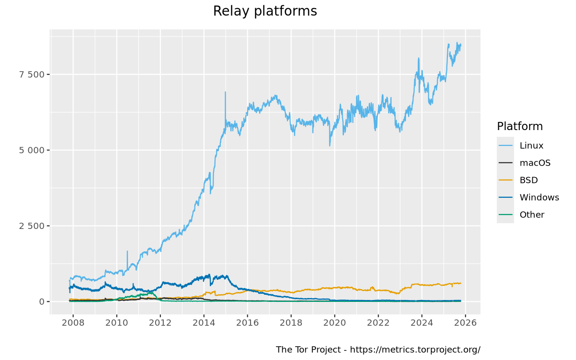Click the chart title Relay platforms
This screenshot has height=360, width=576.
coord(265,11)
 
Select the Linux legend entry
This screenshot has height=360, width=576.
coord(531,145)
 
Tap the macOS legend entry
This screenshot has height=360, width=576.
coord(535,163)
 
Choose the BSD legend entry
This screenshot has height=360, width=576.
coord(528,180)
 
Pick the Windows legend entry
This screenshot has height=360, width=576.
coord(539,197)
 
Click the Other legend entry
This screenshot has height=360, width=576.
coord(532,215)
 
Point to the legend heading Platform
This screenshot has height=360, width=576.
coord(520,126)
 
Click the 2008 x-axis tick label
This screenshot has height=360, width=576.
coord(73,323)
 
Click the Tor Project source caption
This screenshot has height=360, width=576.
coord(378,349)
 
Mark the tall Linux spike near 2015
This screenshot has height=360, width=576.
coord(225,93)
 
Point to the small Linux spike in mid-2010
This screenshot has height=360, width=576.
coord(127,252)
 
